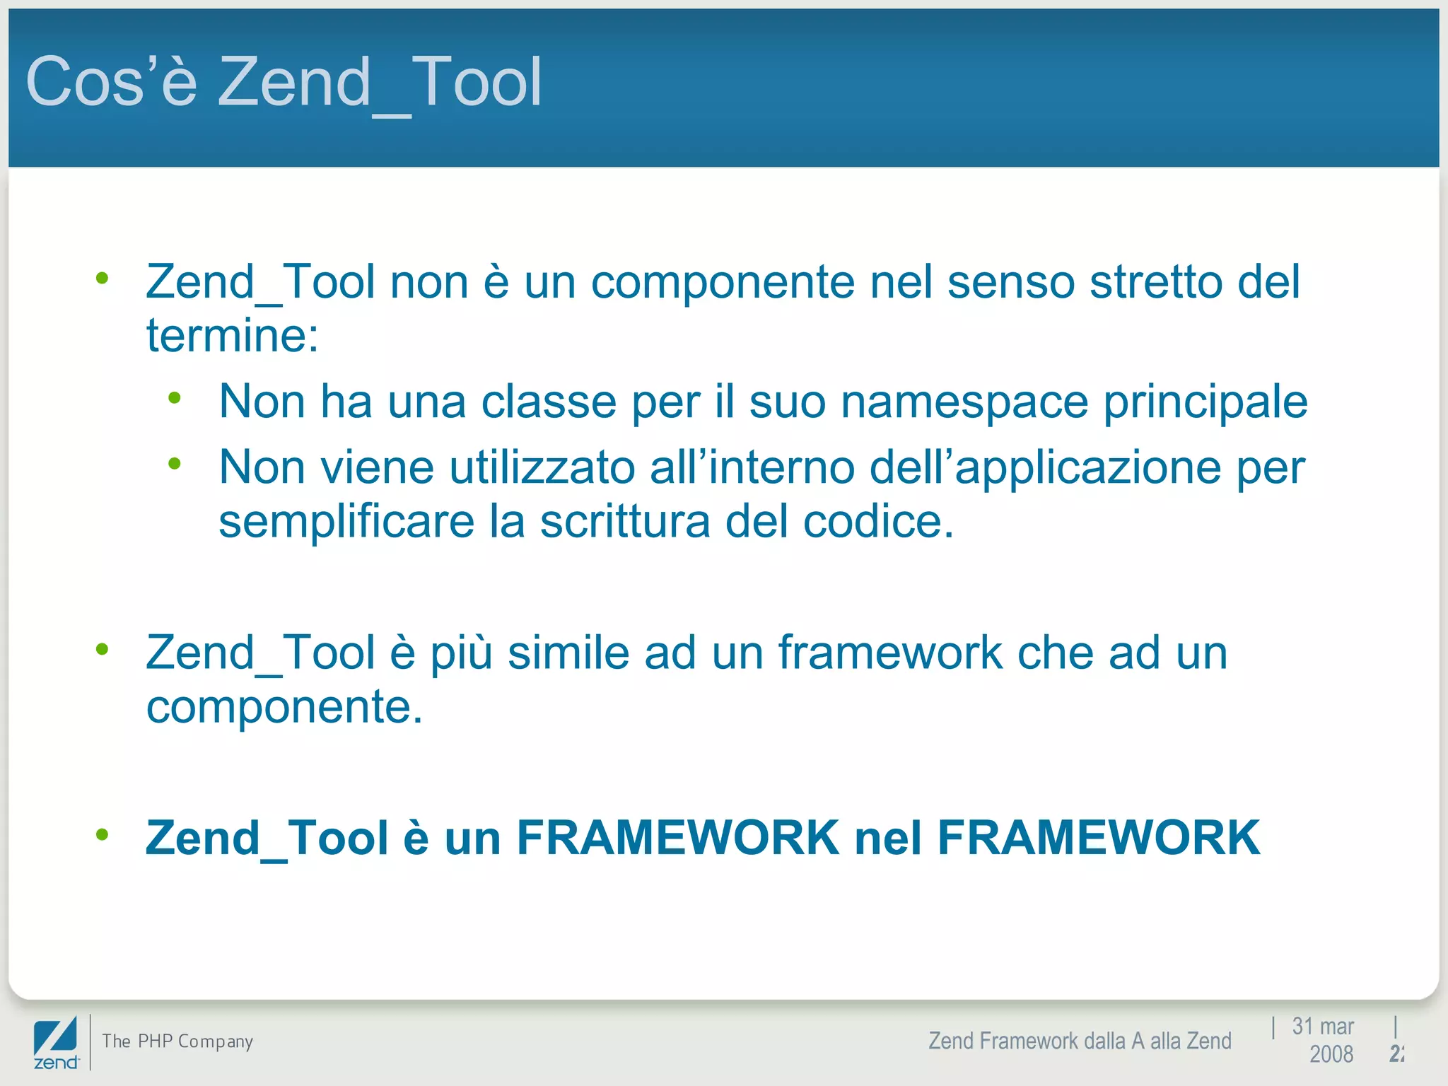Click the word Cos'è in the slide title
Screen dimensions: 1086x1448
click(111, 82)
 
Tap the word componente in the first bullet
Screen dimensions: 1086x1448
click(723, 283)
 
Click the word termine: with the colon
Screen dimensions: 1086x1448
click(233, 335)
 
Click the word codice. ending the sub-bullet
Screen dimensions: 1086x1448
click(878, 522)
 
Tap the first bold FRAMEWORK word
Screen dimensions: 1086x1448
click(677, 838)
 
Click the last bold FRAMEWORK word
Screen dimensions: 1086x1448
click(1098, 838)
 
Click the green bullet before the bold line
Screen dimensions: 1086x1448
click(103, 835)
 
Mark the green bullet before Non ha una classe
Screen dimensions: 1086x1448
click(175, 398)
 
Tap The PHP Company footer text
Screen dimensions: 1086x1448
click(177, 1041)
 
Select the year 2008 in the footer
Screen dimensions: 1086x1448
click(1331, 1054)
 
